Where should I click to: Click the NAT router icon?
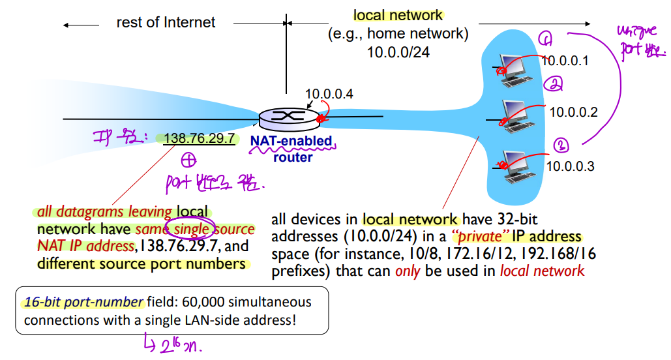286,118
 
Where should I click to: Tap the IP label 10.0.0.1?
565,61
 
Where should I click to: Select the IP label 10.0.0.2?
573,112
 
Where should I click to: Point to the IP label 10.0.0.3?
570,166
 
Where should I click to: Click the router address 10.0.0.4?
329,94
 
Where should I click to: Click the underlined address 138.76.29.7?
199,138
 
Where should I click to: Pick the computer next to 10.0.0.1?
515,67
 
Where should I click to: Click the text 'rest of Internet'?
166,23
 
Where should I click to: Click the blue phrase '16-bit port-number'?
83,303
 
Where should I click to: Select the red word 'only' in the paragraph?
404,270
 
